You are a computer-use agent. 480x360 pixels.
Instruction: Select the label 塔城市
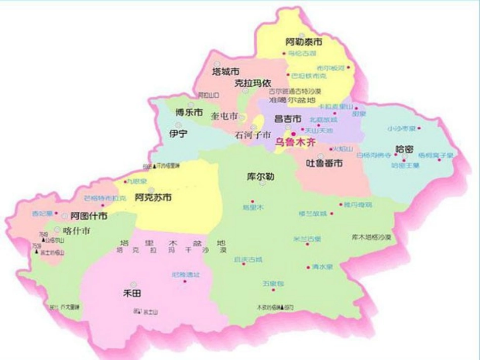(x=225, y=71)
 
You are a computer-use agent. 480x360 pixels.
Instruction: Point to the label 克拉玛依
(x=253, y=83)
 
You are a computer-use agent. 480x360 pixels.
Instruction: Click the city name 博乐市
(x=189, y=112)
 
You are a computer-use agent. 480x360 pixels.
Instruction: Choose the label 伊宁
(x=178, y=134)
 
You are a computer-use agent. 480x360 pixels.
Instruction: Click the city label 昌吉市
(x=287, y=119)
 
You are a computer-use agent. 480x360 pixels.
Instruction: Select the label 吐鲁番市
(x=325, y=163)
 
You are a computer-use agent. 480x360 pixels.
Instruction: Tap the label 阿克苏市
(x=153, y=197)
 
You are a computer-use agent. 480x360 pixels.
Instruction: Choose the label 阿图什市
(x=88, y=216)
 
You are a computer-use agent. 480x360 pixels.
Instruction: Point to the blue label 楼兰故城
(x=313, y=213)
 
